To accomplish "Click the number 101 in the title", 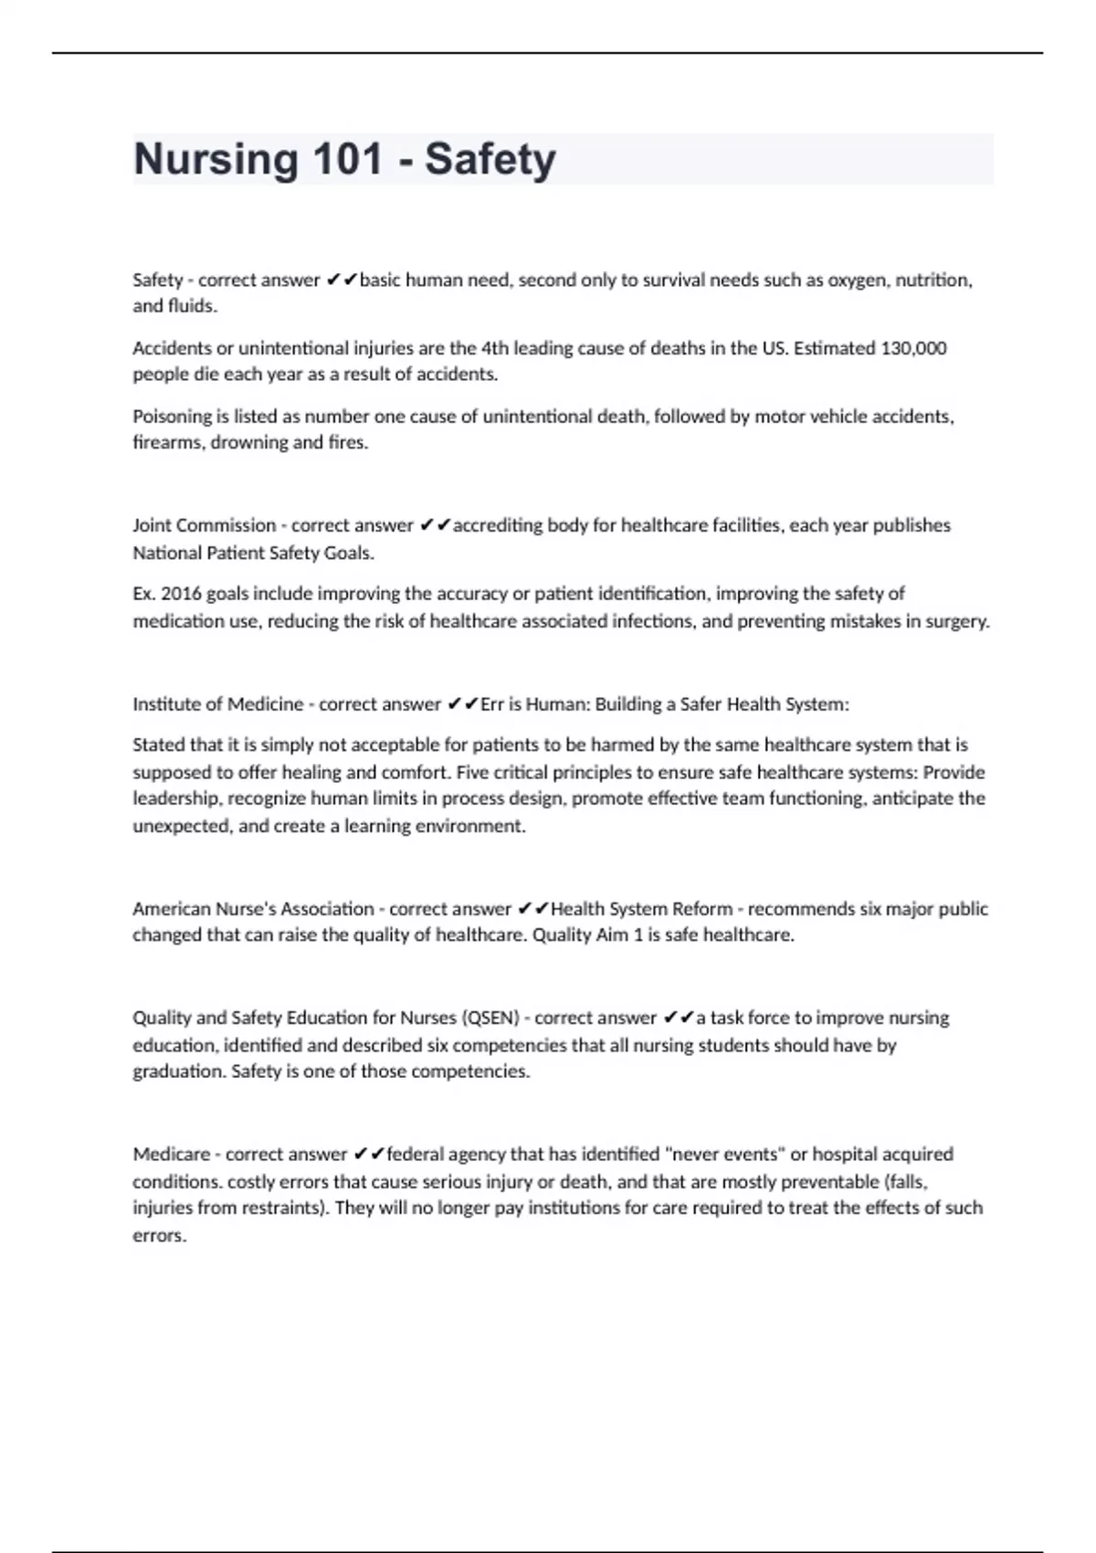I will coord(348,159).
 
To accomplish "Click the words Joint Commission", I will coord(204,525).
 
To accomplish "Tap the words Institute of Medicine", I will coord(217,704).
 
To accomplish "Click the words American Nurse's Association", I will coord(253,909).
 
